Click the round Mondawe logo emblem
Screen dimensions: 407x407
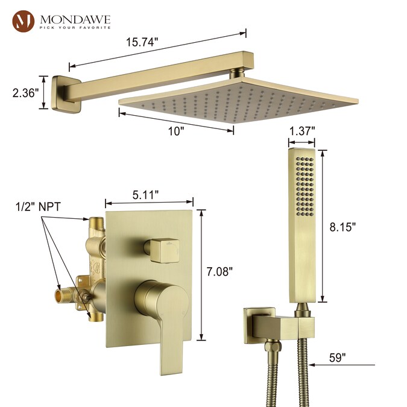(24, 21)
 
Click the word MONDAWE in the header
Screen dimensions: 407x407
(75, 19)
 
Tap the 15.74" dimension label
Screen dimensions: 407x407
(142, 42)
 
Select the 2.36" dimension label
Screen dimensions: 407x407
(26, 93)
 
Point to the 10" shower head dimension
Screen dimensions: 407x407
(176, 131)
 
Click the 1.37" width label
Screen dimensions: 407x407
(302, 131)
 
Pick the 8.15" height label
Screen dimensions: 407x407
(342, 227)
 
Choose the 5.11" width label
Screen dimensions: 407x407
(145, 195)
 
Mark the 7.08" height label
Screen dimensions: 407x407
(219, 272)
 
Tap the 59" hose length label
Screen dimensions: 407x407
(338, 358)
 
